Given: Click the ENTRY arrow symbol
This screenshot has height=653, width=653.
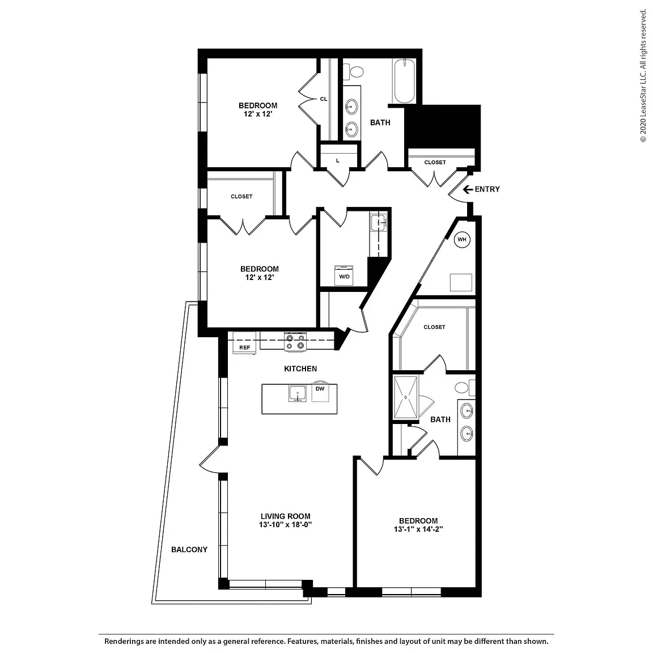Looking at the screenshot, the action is [468, 189].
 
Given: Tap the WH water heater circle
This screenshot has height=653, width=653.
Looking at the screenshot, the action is [462, 239].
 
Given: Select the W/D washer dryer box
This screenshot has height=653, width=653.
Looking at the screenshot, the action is [344, 275].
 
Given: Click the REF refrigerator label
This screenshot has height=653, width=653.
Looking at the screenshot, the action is [244, 347].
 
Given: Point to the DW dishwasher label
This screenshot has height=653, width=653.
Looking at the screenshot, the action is [320, 388].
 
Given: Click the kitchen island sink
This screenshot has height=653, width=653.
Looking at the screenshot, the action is [298, 393].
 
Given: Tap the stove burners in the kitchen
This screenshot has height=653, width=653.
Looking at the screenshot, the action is [295, 341].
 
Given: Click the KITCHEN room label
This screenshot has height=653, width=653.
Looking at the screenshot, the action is [300, 368].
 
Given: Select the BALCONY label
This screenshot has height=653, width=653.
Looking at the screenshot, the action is [189, 550].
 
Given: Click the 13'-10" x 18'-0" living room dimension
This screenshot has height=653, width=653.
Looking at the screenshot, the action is [285, 525].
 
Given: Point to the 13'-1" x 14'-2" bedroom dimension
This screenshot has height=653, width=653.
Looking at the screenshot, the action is [418, 529].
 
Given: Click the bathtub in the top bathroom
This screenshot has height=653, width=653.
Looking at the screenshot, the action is [404, 81].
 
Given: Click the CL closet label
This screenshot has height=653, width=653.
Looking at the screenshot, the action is [324, 99].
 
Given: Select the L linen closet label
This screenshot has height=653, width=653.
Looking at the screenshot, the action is [338, 161].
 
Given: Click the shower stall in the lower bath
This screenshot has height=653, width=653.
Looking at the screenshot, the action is [406, 397].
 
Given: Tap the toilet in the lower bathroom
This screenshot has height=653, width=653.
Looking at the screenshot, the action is [465, 387].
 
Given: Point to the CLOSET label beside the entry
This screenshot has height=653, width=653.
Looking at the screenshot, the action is [435, 163].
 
